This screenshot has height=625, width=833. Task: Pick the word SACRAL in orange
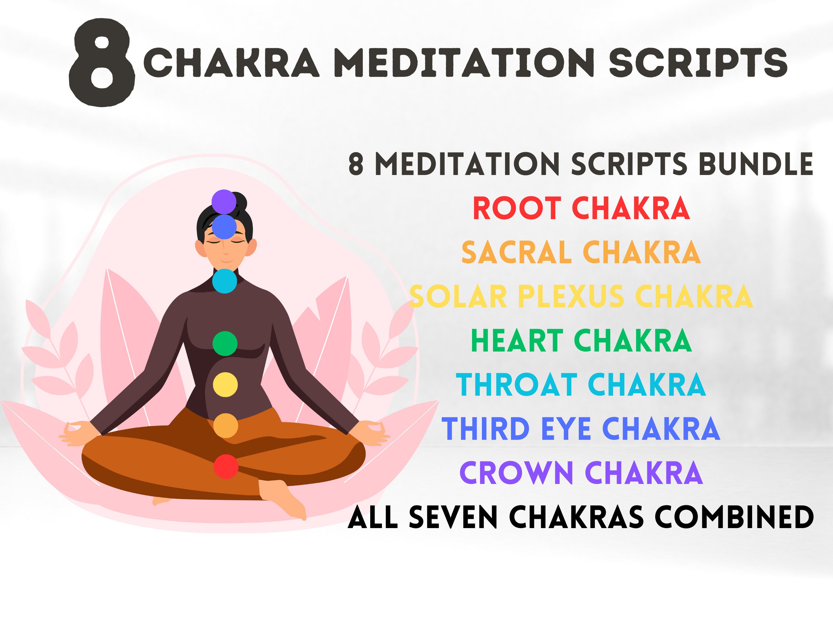coord(516,252)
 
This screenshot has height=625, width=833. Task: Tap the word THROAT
coord(516,385)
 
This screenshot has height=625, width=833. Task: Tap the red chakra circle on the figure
coord(226,466)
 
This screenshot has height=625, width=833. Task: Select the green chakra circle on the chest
coord(225,343)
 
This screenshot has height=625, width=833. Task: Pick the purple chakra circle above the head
coord(224,202)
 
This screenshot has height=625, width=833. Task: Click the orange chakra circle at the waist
coord(226,425)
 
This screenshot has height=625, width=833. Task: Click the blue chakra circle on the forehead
coord(224,227)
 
